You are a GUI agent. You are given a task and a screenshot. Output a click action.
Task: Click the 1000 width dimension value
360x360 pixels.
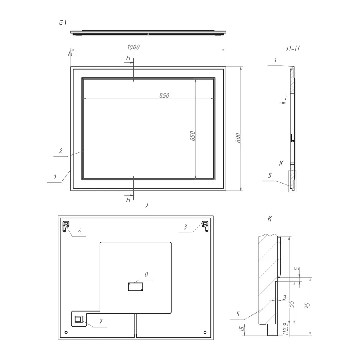click(134, 47)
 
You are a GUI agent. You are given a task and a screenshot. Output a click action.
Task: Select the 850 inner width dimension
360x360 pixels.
click(164, 95)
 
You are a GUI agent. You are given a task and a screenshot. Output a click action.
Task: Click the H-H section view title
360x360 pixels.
click(293, 49)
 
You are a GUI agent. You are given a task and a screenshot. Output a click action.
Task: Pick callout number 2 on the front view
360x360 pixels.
click(61, 151)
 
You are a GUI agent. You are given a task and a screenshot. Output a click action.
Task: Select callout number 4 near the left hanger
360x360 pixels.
click(80, 231)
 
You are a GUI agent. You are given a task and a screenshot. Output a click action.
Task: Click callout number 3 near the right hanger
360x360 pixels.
click(185, 227)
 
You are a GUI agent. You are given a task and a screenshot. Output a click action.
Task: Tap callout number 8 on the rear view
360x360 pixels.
click(146, 274)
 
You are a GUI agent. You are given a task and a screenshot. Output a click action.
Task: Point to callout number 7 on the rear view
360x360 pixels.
click(101, 321)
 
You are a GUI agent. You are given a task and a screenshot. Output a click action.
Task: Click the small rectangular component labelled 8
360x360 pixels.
click(135, 286)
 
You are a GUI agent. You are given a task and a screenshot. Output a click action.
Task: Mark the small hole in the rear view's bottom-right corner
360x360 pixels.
click(205, 332)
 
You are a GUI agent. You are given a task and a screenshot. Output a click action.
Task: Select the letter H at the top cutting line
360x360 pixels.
click(128, 58)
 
